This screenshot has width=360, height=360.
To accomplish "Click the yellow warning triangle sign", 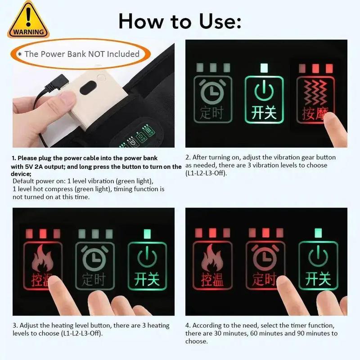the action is (x=28, y=21).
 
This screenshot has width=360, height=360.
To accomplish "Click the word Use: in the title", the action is (x=220, y=21).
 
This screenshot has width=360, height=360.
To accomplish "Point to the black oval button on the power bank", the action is (x=88, y=87).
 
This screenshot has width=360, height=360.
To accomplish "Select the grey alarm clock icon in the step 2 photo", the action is (x=212, y=91).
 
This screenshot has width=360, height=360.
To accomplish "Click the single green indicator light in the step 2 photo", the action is (x=264, y=68).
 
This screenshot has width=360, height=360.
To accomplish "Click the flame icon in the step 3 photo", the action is (x=42, y=258).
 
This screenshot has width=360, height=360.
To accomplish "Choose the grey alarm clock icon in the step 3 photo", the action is (x=94, y=257).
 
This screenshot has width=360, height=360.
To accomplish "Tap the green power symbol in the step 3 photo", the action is (x=147, y=256).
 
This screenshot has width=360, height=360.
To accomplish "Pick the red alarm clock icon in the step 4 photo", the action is (x=265, y=256).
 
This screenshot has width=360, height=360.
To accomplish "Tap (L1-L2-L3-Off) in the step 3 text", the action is (x=81, y=333).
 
